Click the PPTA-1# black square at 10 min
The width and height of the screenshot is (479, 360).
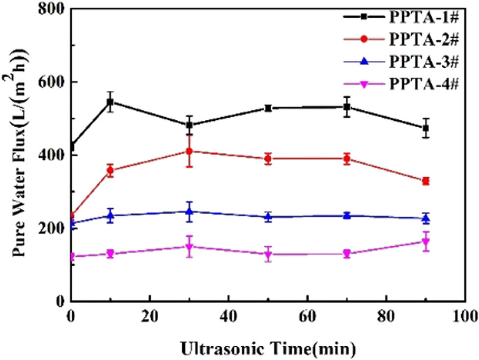pos(111,102)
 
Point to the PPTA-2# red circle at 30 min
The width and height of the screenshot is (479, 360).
pos(189,151)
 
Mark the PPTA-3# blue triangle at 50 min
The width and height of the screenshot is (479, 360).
pos(268,216)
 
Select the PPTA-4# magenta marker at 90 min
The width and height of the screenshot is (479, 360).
pos(426,242)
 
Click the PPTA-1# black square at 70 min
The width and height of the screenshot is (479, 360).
pos(347,107)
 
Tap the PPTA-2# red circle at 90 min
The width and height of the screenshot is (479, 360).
pos(426,181)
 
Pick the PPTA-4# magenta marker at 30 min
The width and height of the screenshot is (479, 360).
pos(189,247)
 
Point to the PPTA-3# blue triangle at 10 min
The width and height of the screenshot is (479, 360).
pos(111,215)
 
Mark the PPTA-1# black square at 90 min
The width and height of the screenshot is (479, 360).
pos(426,128)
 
